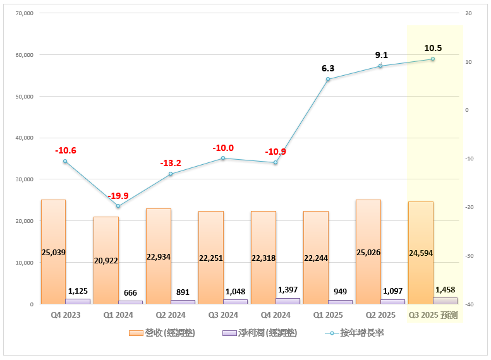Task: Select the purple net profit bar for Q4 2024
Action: click(288, 301)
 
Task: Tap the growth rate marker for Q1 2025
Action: click(328, 79)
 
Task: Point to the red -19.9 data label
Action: click(118, 195)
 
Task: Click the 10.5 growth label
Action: click(433, 48)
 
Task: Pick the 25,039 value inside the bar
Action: click(53, 252)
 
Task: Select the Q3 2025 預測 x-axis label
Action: click(433, 315)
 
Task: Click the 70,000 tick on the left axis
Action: click(23, 13)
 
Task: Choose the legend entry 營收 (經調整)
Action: click(161, 332)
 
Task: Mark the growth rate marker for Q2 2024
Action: click(171, 174)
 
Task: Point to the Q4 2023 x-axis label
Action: click(65, 315)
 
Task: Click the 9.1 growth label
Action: click(381, 55)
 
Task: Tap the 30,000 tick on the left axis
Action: click(23, 179)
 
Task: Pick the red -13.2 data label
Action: click(171, 163)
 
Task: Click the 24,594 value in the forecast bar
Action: click(420, 253)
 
